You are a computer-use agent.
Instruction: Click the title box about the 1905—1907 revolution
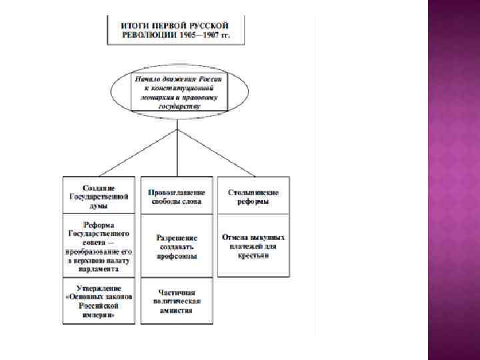coord(176,30)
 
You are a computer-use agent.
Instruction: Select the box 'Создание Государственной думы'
coord(100,195)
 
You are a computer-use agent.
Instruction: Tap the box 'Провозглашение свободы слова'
coord(177,195)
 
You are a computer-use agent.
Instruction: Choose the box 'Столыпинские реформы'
coord(253,195)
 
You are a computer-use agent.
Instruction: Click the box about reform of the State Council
coord(100,245)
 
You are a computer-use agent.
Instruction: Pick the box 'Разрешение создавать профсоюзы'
coord(177,245)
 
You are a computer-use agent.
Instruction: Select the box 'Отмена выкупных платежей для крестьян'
coord(253,245)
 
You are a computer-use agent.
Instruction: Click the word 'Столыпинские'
coord(253,191)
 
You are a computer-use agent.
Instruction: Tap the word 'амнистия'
coord(177,310)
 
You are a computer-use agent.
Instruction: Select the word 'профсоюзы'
coord(177,256)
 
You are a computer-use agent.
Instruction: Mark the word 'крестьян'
coord(253,255)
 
